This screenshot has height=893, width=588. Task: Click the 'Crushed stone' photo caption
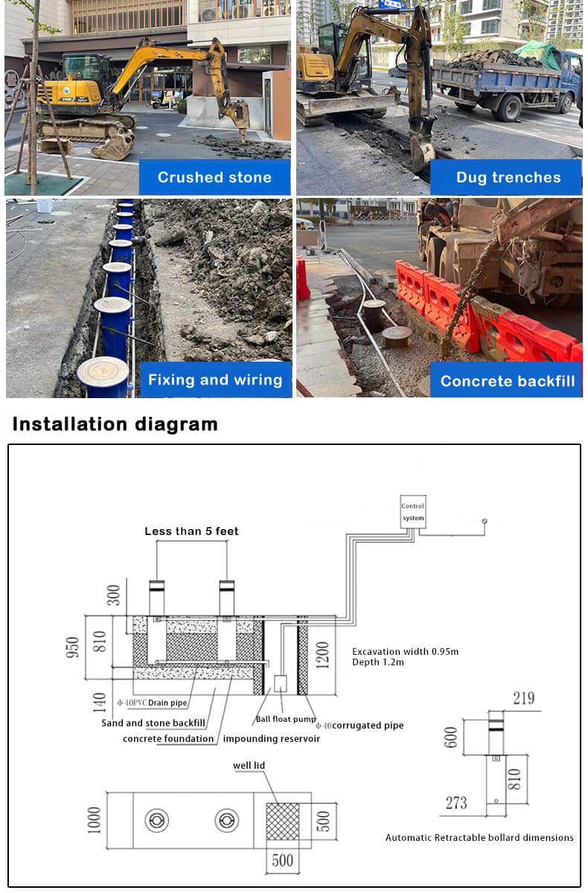(x=214, y=177)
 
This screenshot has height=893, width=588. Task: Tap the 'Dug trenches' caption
(x=508, y=177)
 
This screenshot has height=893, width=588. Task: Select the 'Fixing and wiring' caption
(x=215, y=380)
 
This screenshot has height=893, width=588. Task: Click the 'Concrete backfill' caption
(x=507, y=381)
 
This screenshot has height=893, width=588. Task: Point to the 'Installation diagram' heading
(x=115, y=424)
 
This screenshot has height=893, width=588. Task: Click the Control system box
(x=412, y=512)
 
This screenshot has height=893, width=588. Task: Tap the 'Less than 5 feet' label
(x=191, y=531)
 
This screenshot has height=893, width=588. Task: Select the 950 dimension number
(x=73, y=647)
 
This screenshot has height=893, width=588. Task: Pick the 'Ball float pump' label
(x=285, y=720)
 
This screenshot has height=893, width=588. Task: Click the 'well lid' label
(x=249, y=765)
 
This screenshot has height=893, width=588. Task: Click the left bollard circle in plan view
(x=156, y=821)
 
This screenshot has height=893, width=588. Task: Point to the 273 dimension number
(x=456, y=802)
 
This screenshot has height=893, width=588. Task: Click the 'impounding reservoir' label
(x=272, y=738)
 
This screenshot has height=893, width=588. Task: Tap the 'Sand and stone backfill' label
(x=153, y=723)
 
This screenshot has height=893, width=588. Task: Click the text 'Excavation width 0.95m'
(x=405, y=652)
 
